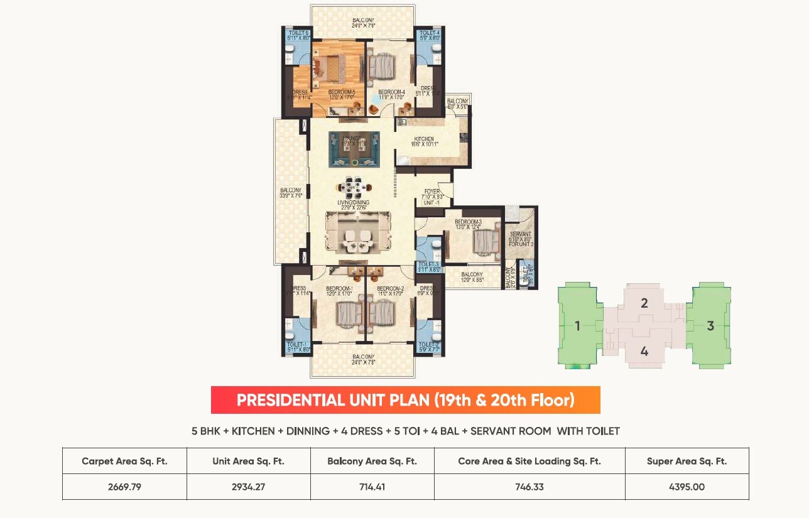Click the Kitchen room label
click(x=423, y=139)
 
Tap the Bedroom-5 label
click(x=341, y=92)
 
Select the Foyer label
click(x=432, y=192)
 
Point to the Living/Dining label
click(x=353, y=203)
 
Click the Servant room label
click(x=521, y=234)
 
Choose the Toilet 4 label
click(x=430, y=33)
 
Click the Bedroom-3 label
click(x=468, y=222)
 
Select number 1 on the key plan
click(x=577, y=326)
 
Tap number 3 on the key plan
click(x=710, y=326)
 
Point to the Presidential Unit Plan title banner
click(x=405, y=400)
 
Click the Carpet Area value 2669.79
click(x=124, y=487)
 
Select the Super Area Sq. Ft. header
click(x=687, y=461)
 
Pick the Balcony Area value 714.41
click(x=372, y=487)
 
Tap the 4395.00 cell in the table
click(x=687, y=487)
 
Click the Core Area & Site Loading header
click(x=529, y=461)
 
